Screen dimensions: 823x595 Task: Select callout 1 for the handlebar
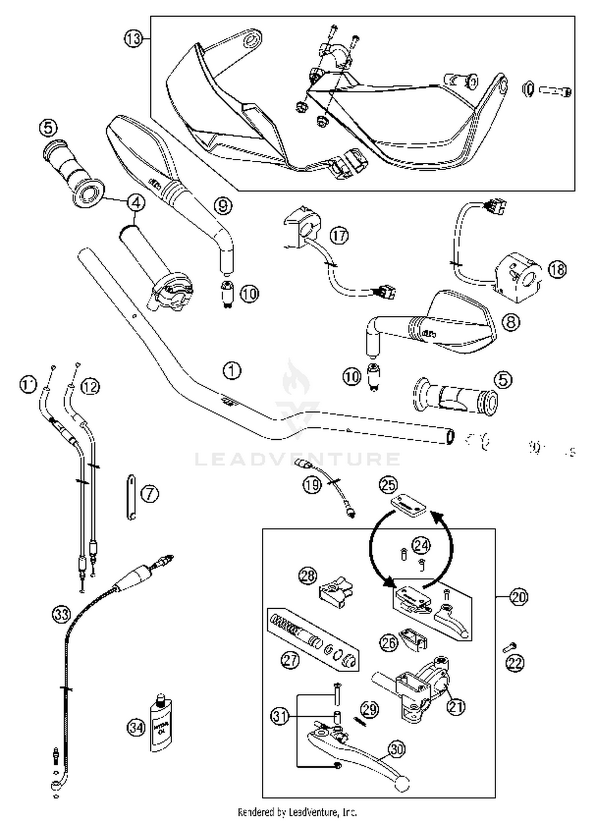tap(232, 371)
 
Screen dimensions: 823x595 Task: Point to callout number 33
tap(61, 614)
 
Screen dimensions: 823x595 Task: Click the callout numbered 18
tap(557, 270)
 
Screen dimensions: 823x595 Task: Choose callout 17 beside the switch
tap(339, 236)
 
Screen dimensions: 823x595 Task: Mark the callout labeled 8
tap(511, 322)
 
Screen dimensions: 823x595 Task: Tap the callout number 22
tap(515, 663)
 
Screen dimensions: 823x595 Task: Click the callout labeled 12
tap(90, 386)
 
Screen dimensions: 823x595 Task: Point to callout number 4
tap(136, 203)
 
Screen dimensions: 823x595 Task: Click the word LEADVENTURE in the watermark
tap(297, 459)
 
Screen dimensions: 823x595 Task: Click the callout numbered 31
tap(280, 716)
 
